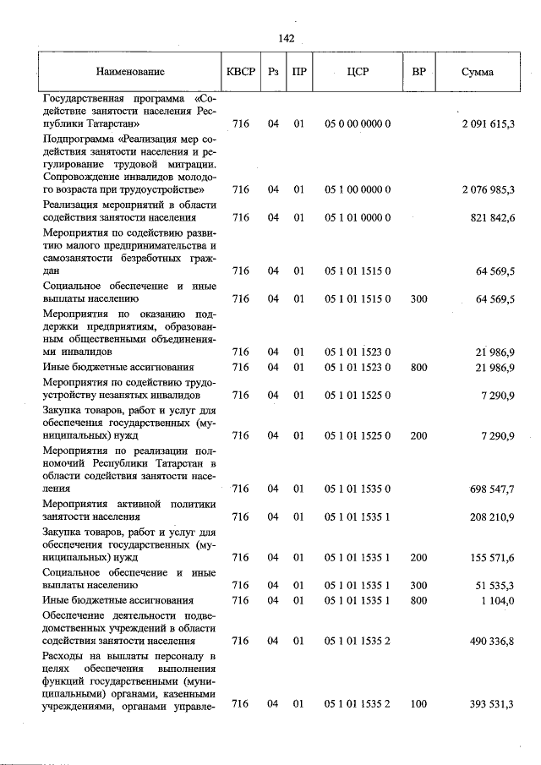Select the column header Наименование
pyautogui.click(x=130, y=72)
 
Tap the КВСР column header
pyautogui.click(x=240, y=72)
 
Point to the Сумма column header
pyautogui.click(x=478, y=72)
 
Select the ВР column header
pyautogui.click(x=418, y=72)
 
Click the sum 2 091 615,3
pyautogui.click(x=489, y=124)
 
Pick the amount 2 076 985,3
pyautogui.click(x=489, y=189)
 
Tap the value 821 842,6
pyautogui.click(x=493, y=217)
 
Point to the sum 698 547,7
pyautogui.click(x=493, y=489)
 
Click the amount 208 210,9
pyautogui.click(x=493, y=516)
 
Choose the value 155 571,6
pyautogui.click(x=493, y=558)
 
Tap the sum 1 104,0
pyautogui.click(x=498, y=599)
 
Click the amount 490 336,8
pyautogui.click(x=493, y=641)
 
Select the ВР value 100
pyautogui.click(x=418, y=703)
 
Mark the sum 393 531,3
pyautogui.click(x=493, y=703)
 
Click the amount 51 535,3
pyautogui.click(x=495, y=585)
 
